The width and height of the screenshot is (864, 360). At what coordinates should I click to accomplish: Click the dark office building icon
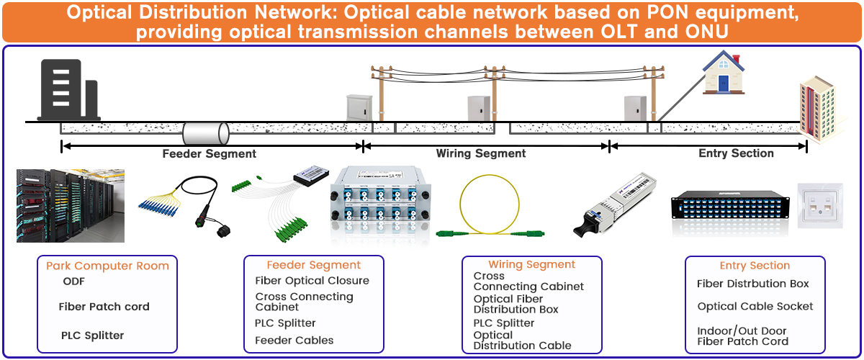point(68,89)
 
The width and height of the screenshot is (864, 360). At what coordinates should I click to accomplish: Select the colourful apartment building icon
point(821,108)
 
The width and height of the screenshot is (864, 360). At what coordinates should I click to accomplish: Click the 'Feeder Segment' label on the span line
point(209,153)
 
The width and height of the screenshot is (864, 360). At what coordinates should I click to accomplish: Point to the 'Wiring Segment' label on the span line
point(481,153)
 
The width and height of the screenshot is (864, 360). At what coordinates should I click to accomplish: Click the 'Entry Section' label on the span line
point(736,153)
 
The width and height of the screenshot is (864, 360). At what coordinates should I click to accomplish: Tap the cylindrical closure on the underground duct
point(206,133)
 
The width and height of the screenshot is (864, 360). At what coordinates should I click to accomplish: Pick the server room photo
point(71,205)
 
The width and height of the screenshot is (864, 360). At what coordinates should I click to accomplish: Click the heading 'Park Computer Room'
point(107,266)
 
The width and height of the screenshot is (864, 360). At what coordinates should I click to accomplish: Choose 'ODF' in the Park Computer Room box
point(73,281)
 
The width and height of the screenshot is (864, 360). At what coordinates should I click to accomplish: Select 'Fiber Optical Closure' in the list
point(312,281)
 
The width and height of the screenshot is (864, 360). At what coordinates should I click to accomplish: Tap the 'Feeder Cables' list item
point(294,340)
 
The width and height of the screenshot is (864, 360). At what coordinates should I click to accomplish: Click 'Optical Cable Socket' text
point(755,306)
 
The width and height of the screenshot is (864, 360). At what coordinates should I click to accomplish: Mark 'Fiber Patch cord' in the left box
point(104,307)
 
